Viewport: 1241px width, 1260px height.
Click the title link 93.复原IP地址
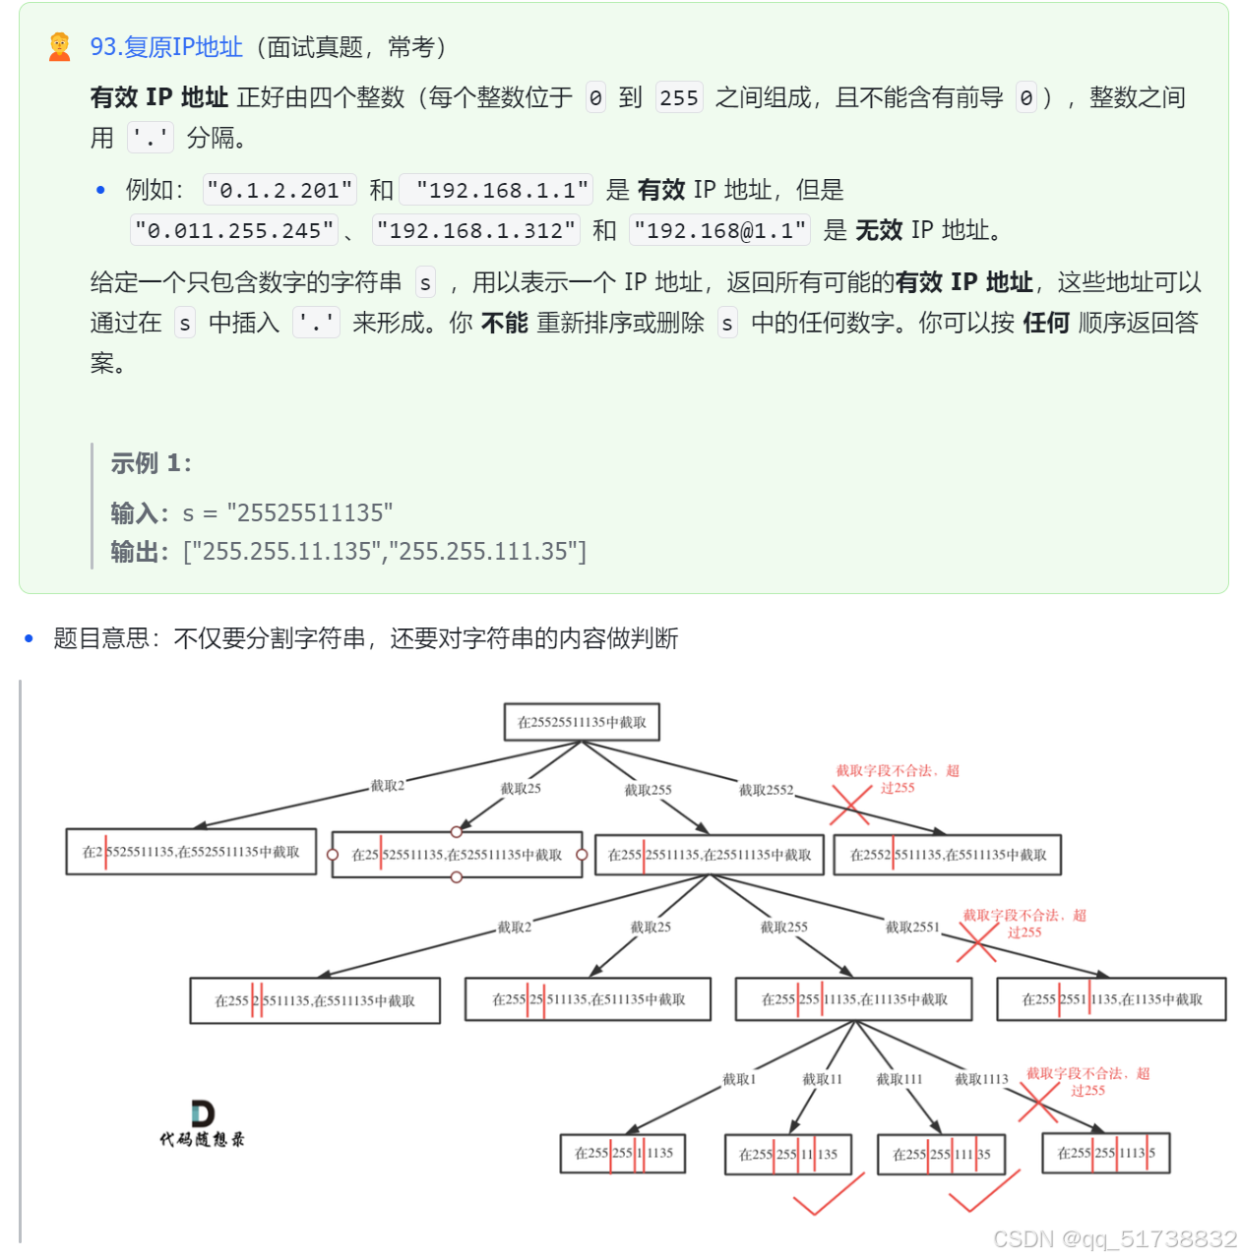click(x=166, y=47)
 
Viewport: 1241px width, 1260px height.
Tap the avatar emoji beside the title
click(x=60, y=47)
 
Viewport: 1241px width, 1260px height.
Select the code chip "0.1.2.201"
click(x=279, y=190)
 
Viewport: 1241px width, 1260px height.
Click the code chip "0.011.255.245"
click(x=234, y=231)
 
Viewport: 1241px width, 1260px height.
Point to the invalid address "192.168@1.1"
click(x=720, y=231)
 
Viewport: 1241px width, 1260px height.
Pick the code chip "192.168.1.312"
click(x=476, y=231)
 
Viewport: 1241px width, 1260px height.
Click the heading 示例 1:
click(x=151, y=463)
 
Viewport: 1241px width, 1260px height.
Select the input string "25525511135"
click(x=309, y=512)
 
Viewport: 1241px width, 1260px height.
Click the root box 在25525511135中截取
click(x=582, y=722)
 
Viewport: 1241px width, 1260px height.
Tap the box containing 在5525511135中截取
click(x=191, y=852)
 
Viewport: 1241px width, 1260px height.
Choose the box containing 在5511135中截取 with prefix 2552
click(x=947, y=855)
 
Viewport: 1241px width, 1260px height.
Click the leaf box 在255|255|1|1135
click(x=623, y=1153)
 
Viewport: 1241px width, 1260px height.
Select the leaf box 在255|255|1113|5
click(x=1106, y=1153)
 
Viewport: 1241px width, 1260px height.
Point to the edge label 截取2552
click(x=766, y=790)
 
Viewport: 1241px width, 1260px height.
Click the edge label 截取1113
click(x=981, y=1079)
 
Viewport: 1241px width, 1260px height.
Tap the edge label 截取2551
click(x=912, y=927)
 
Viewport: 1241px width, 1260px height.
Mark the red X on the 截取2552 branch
click(x=850, y=806)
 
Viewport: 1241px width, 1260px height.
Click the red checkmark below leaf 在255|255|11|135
click(x=828, y=1195)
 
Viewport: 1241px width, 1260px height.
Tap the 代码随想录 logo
click(x=203, y=1124)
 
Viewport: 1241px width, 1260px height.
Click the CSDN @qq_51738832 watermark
click(x=1114, y=1238)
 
